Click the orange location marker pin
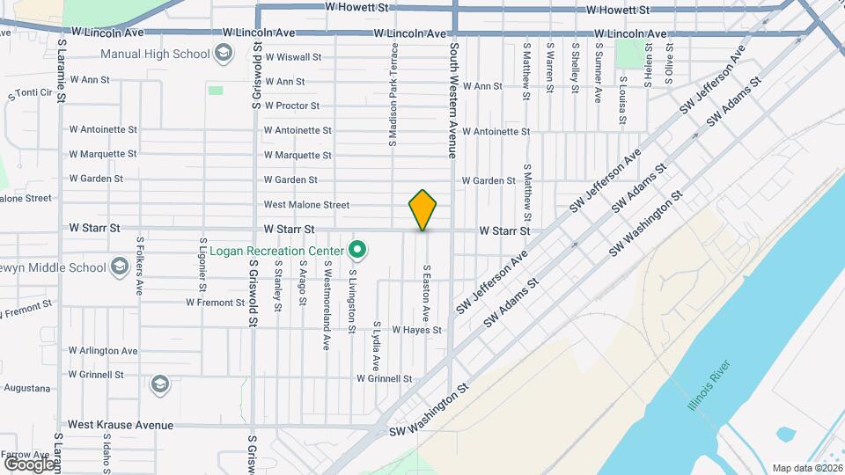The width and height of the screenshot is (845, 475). [x=422, y=209]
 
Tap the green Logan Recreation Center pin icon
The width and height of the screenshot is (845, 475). [x=356, y=251]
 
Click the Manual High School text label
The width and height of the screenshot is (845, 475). [x=155, y=54]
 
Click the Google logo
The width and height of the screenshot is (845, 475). [x=28, y=464]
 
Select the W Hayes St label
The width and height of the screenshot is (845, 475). [x=416, y=330]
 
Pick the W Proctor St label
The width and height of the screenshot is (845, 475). [x=291, y=106]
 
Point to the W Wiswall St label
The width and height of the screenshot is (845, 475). [x=293, y=57]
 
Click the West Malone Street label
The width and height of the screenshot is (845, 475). [x=306, y=205]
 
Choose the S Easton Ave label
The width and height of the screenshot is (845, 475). [x=426, y=292]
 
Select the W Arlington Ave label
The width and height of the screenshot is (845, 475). [x=103, y=350]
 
